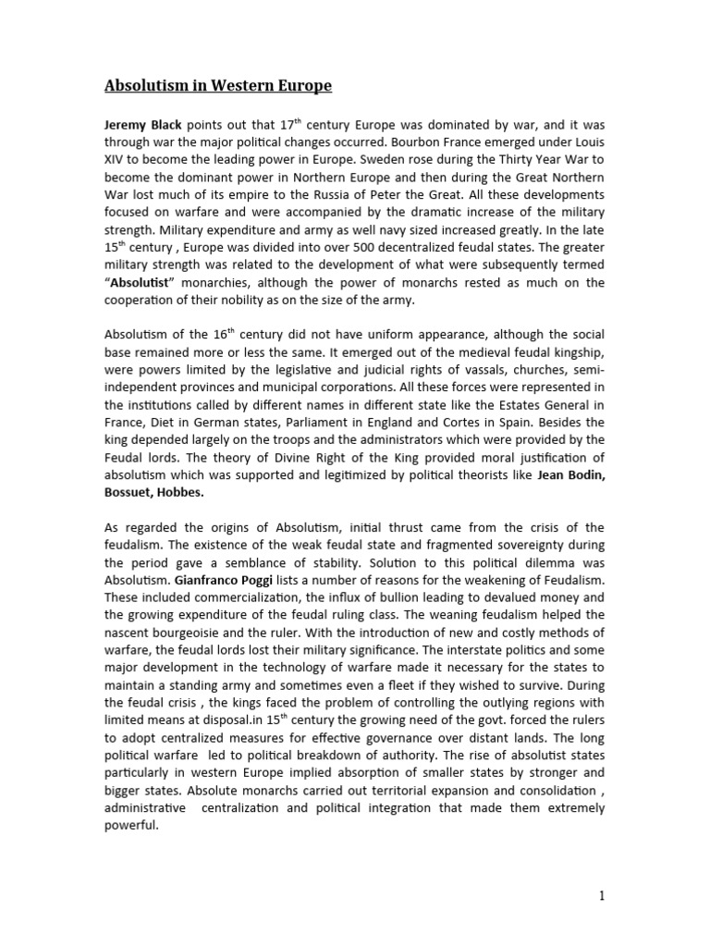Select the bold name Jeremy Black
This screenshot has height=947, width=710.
pos(143,123)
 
